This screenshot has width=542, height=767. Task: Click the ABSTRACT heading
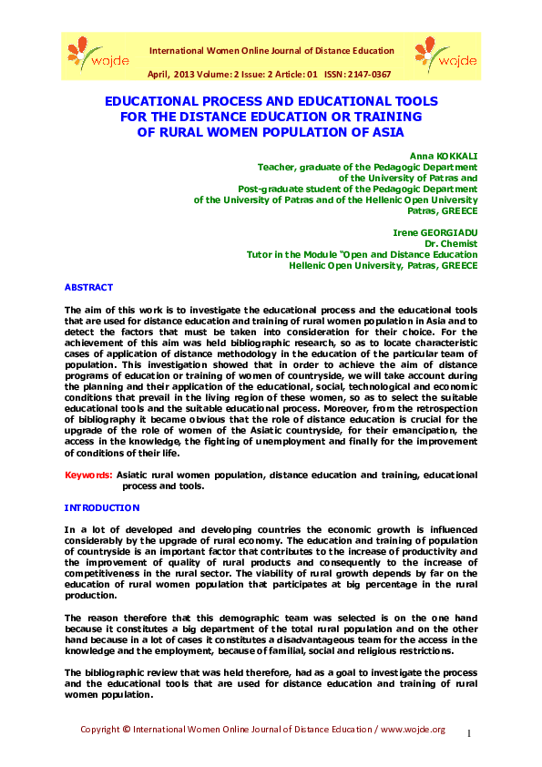tap(88, 287)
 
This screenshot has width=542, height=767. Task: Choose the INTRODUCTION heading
tap(102, 507)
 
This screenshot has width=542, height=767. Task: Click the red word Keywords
tap(88, 476)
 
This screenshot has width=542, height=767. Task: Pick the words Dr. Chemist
tap(452, 244)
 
